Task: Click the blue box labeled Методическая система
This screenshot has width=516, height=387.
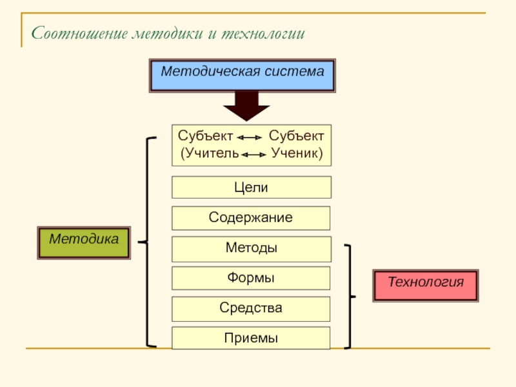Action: click(x=242, y=75)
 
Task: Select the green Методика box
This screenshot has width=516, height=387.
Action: click(x=84, y=242)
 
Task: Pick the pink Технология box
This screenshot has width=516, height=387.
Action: click(x=426, y=285)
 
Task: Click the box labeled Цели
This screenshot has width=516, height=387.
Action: click(x=251, y=187)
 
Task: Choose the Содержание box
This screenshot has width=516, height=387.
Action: click(x=251, y=218)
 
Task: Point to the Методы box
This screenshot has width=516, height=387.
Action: click(x=251, y=248)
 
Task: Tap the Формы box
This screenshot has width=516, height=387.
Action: click(x=251, y=278)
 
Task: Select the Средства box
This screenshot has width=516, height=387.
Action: click(x=251, y=308)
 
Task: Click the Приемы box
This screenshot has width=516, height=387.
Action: click(x=251, y=338)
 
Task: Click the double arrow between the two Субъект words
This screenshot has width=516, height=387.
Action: click(x=249, y=138)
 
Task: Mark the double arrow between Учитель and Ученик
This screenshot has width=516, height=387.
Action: click(x=253, y=155)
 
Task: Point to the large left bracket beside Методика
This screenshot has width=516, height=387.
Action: click(x=147, y=243)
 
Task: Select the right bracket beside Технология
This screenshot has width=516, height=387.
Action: click(x=350, y=297)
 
